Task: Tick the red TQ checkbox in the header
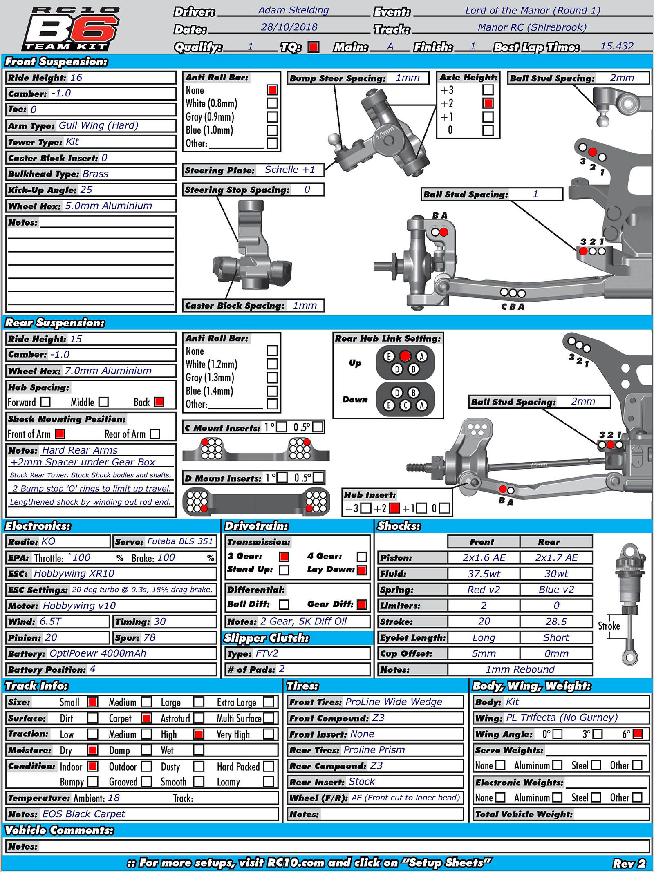pyautogui.click(x=314, y=47)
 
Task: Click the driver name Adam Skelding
pyautogui.click(x=293, y=11)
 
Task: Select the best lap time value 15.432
pyautogui.click(x=616, y=46)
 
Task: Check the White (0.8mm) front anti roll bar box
pyautogui.click(x=272, y=103)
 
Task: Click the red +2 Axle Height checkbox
pyautogui.click(x=488, y=103)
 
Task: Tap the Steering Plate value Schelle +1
pyautogui.click(x=289, y=170)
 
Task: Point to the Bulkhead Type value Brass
pyautogui.click(x=95, y=174)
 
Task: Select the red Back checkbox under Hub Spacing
pyautogui.click(x=159, y=402)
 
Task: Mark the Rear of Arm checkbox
pyautogui.click(x=155, y=434)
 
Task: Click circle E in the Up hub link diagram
pyautogui.click(x=389, y=357)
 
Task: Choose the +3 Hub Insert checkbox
pyautogui.click(x=366, y=508)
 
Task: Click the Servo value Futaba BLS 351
pyautogui.click(x=180, y=541)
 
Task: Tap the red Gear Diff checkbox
pyautogui.click(x=362, y=604)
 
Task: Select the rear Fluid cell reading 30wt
pyautogui.click(x=556, y=574)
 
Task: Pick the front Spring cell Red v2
pyautogui.click(x=484, y=590)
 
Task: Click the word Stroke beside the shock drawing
pyautogui.click(x=609, y=626)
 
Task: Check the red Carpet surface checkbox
pyautogui.click(x=146, y=718)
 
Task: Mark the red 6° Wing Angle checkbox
pyautogui.click(x=637, y=734)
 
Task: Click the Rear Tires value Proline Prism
pyautogui.click(x=374, y=750)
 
